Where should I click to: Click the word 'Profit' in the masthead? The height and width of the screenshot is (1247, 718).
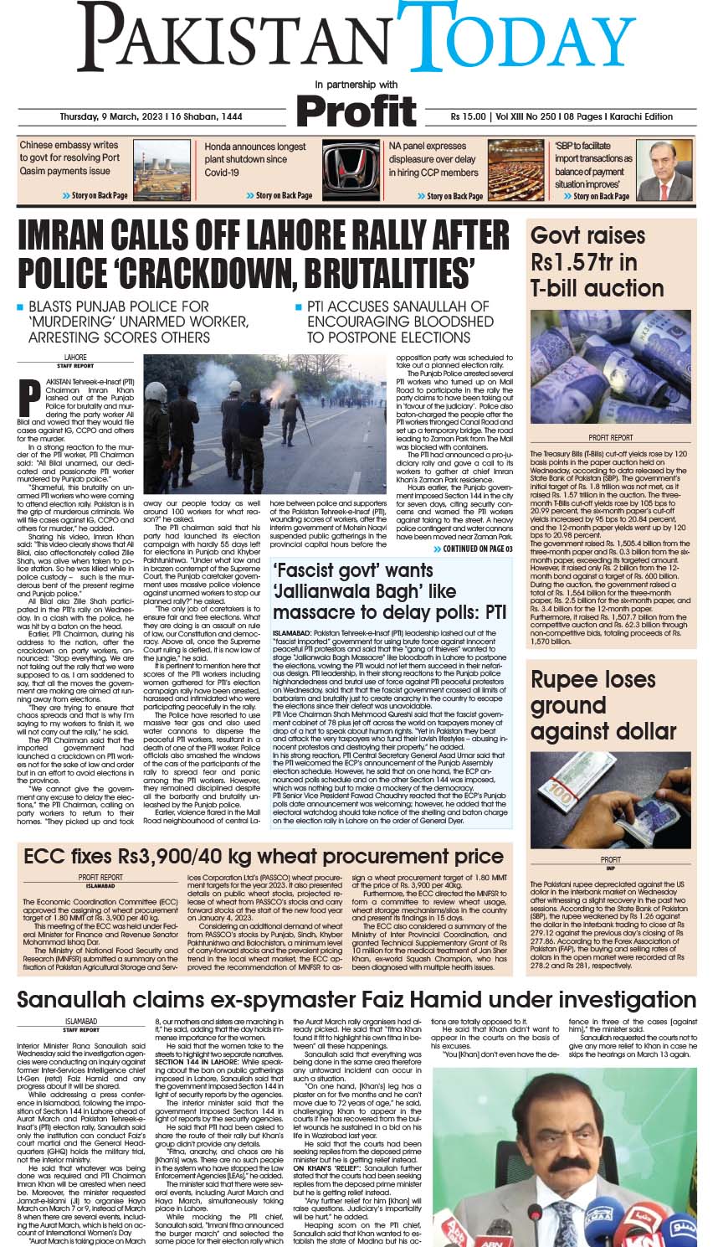pyautogui.click(x=356, y=111)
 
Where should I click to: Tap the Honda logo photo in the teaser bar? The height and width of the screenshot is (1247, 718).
pyautogui.click(x=351, y=170)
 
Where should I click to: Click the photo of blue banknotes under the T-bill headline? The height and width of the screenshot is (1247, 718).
pyautogui.click(x=610, y=366)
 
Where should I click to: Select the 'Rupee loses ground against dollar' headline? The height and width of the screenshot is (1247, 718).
pyautogui.click(x=603, y=705)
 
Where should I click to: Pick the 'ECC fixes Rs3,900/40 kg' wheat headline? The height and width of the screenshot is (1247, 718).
pyautogui.click(x=263, y=857)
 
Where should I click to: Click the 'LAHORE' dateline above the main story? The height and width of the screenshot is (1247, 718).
pyautogui.click(x=75, y=358)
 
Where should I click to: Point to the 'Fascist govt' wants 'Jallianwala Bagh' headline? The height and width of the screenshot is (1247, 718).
pyautogui.click(x=389, y=591)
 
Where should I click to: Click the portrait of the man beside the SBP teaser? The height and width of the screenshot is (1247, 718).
pyautogui.click(x=664, y=170)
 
